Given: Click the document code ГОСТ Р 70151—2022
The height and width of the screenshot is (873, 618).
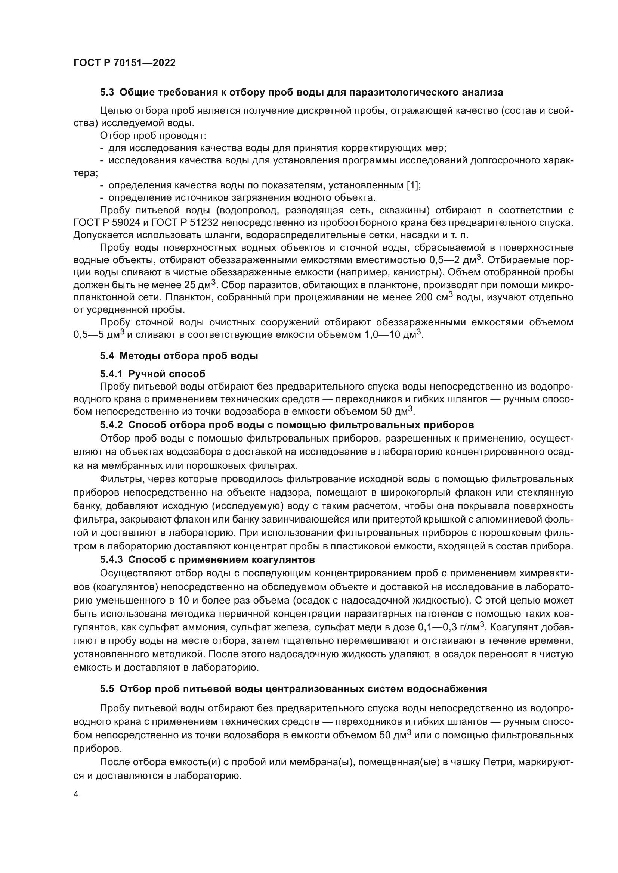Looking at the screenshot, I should pyautogui.click(x=124, y=63).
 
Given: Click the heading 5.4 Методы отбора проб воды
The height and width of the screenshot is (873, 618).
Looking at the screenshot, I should pyautogui.click(x=179, y=356).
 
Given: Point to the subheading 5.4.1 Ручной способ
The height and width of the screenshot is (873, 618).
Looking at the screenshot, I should pyautogui.click(x=152, y=374).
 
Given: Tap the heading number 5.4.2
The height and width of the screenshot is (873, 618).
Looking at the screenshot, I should pyautogui.click(x=111, y=425).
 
